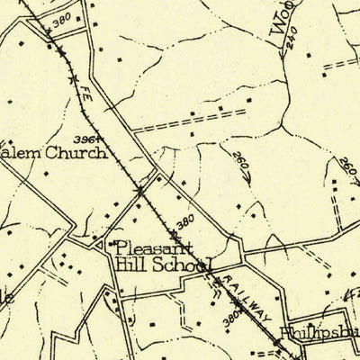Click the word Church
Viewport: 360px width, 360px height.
coord(82,152)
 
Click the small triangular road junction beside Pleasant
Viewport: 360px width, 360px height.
coord(99,243)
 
